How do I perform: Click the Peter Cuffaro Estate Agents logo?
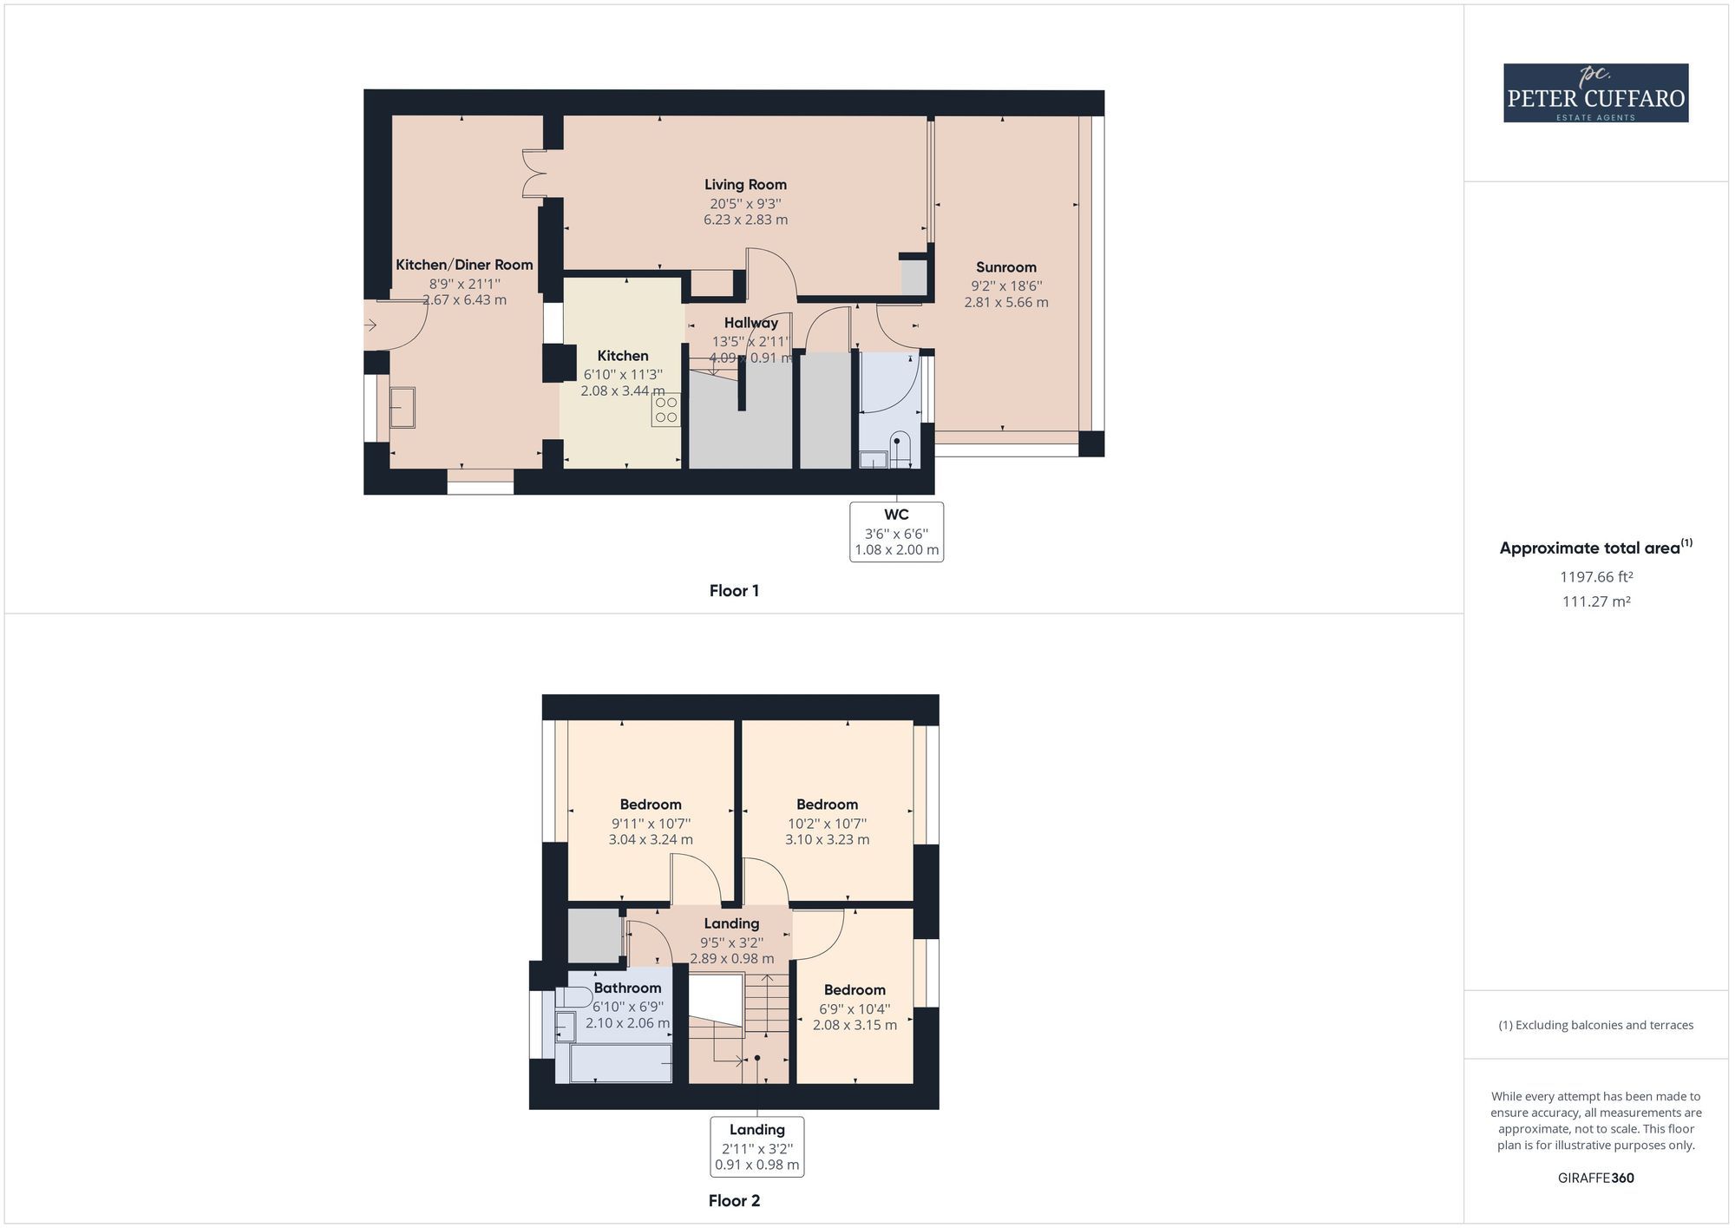tap(1595, 93)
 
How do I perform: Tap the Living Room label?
tap(745, 184)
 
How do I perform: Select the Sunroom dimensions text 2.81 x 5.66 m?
tap(1005, 303)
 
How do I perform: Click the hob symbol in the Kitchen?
tap(665, 410)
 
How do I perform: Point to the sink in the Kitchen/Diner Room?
tap(402, 407)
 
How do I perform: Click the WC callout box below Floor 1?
tap(896, 532)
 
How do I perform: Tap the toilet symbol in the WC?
tap(898, 448)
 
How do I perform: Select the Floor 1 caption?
tap(734, 591)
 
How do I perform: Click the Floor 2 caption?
tap(734, 1201)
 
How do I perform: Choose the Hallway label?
tap(751, 323)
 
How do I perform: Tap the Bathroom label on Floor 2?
tap(627, 988)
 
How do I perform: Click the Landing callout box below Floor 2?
tap(756, 1147)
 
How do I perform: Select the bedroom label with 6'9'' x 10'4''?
tap(854, 990)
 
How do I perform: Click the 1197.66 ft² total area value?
tap(1595, 577)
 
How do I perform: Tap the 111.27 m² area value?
tap(1595, 601)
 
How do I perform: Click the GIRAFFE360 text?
tap(1595, 1179)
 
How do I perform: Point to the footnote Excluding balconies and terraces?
tap(1595, 1025)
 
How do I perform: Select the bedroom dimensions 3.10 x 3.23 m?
tap(827, 840)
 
